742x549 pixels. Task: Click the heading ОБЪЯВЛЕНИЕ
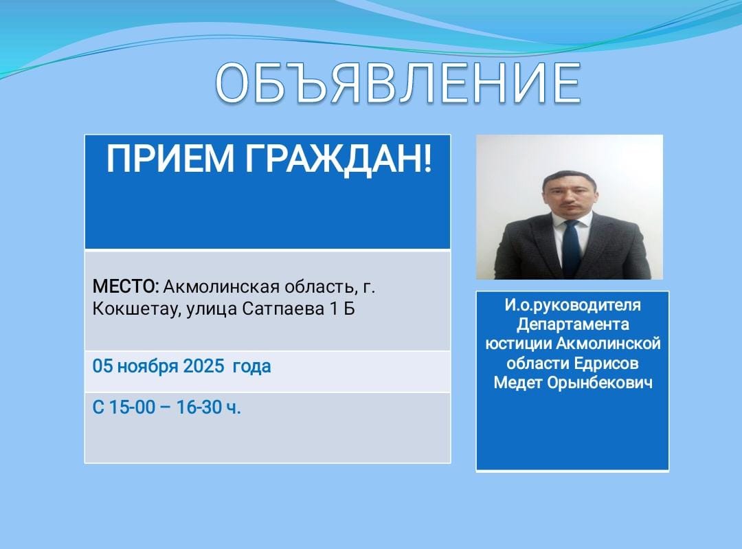pyautogui.click(x=398, y=83)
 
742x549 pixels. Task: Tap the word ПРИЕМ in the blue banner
pyautogui.click(x=170, y=159)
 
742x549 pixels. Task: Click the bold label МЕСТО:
pyautogui.click(x=126, y=287)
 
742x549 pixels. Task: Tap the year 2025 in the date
pyautogui.click(x=203, y=366)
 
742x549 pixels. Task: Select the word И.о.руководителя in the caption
pyautogui.click(x=572, y=305)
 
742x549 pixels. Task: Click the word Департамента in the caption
pyautogui.click(x=572, y=325)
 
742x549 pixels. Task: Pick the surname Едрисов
pyautogui.click(x=606, y=363)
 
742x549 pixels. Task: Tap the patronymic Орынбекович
pyautogui.click(x=600, y=383)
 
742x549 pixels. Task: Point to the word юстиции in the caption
pyautogui.click(x=519, y=344)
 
